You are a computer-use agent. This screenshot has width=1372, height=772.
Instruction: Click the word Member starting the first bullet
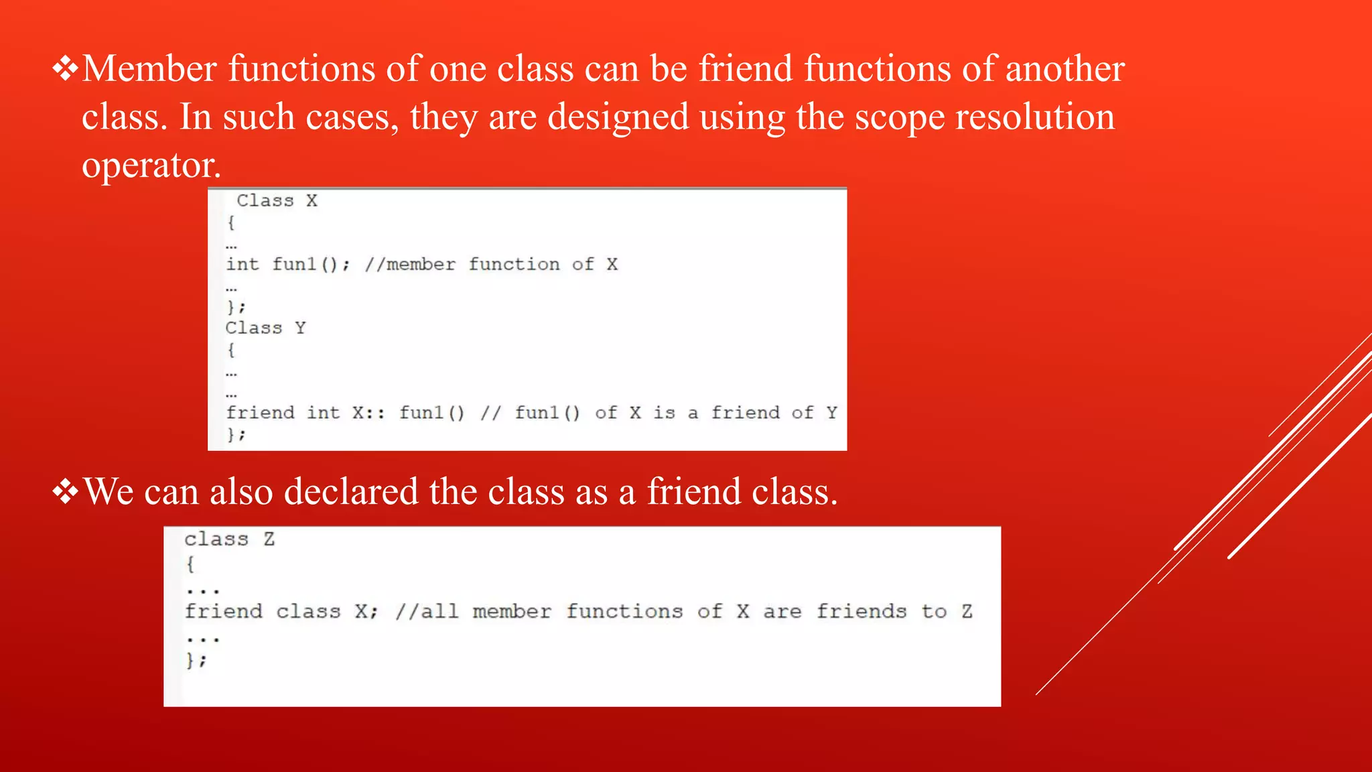click(x=149, y=69)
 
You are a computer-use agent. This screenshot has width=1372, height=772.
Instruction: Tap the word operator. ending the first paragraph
click(x=151, y=166)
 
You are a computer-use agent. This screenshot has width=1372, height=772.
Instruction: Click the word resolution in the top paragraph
click(x=1034, y=117)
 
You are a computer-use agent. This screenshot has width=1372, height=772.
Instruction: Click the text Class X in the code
click(x=277, y=200)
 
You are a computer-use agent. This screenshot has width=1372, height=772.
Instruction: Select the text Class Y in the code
click(x=265, y=328)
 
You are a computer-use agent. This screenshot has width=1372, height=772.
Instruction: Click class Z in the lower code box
click(x=229, y=539)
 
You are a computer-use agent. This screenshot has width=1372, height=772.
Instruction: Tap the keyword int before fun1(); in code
click(x=242, y=264)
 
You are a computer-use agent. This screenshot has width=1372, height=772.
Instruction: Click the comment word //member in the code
click(x=410, y=264)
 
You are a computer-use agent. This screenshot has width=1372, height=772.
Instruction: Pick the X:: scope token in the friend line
click(x=368, y=413)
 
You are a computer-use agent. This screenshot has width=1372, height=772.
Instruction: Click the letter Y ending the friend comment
click(x=831, y=413)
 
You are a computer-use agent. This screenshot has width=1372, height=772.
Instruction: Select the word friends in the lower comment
click(x=861, y=611)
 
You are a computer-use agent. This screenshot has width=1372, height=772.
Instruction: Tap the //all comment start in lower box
click(x=427, y=611)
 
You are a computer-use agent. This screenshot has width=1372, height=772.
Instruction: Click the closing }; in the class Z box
click(x=196, y=661)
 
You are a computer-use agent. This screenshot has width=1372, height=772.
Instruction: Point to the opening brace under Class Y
click(x=231, y=350)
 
